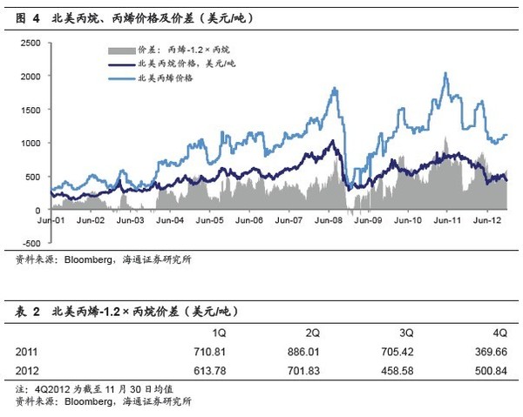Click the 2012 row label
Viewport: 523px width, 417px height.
pos(27,370)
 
